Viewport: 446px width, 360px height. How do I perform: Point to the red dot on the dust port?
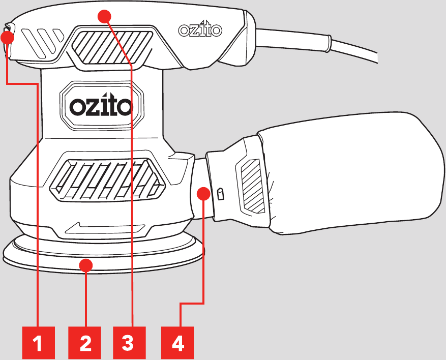pyautogui.click(x=203, y=193)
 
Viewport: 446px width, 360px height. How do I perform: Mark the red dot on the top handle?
pyautogui.click(x=104, y=16)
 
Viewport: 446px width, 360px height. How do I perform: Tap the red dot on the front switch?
pyautogui.click(x=7, y=37)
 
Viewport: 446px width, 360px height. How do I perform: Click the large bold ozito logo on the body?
pyautogui.click(x=101, y=106)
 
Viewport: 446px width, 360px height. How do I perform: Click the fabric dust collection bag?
pyautogui.click(x=351, y=173)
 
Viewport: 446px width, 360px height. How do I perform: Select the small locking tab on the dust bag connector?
pyautogui.click(x=220, y=194)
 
